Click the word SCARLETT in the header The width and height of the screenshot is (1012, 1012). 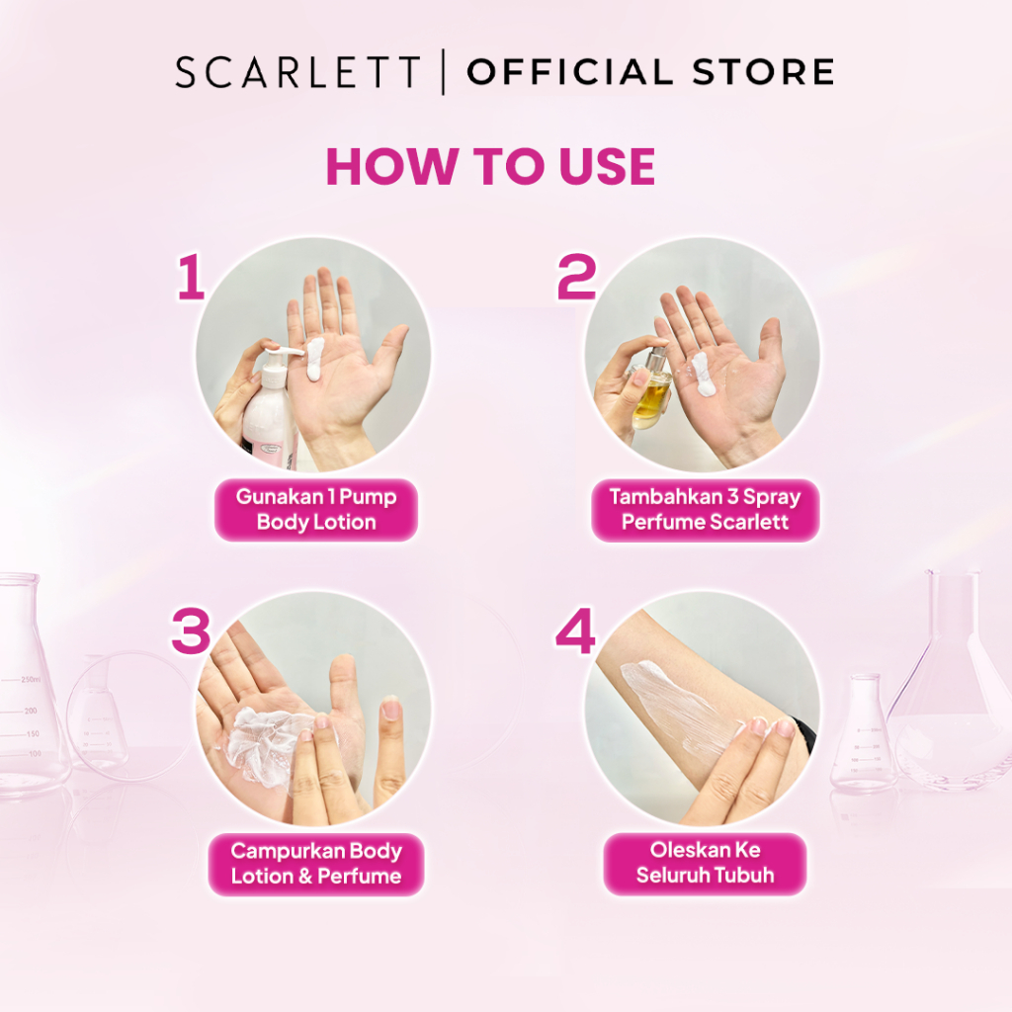pos(297,71)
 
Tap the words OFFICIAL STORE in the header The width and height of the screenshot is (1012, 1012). pos(650,71)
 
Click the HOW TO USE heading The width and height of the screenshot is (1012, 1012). pos(490,166)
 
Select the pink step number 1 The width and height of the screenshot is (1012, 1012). pos(191,277)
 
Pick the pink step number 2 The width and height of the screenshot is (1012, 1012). pos(576,277)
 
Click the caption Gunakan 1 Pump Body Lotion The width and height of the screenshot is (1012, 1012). pos(316,509)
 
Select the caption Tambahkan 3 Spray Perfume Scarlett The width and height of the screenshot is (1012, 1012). pos(705,509)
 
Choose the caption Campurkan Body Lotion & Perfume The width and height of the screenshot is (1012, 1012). pos(316,864)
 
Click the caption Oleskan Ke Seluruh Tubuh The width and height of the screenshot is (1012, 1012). pos(705,863)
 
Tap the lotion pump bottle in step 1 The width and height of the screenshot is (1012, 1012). pos(271,406)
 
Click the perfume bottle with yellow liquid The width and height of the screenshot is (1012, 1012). pos(647,389)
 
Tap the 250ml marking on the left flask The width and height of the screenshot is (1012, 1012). pos(31,680)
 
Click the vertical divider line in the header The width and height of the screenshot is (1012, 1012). pos(444,71)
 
